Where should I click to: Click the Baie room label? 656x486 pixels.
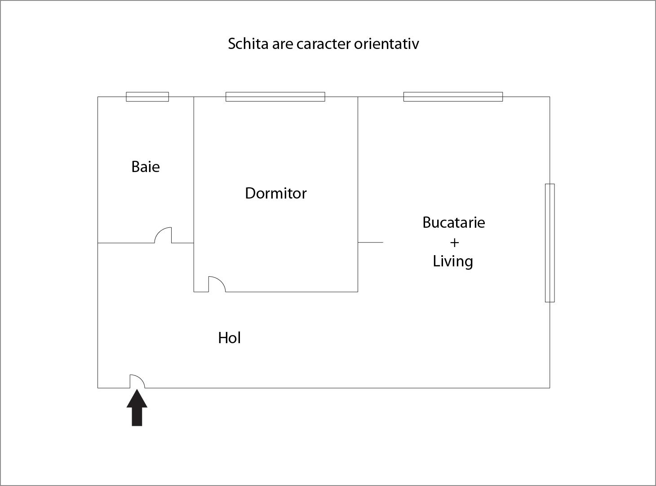[x=145, y=167]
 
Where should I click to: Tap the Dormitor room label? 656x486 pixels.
[x=275, y=193]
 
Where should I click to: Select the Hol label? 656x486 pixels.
[x=229, y=338]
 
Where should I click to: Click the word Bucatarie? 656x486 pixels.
[x=453, y=222]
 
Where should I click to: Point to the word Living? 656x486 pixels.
[x=452, y=261]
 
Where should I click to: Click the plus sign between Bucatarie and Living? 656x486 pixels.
[x=454, y=243]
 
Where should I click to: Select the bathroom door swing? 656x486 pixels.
[x=163, y=235]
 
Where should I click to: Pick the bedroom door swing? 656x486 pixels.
[x=217, y=284]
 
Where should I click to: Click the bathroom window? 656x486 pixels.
[x=147, y=97]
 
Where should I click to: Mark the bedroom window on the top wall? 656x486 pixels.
[x=275, y=97]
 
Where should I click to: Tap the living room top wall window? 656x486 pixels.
[x=453, y=97]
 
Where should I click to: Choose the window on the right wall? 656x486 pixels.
[x=550, y=243]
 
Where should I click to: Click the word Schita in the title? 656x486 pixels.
[x=248, y=44]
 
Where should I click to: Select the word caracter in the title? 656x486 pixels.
[x=324, y=44]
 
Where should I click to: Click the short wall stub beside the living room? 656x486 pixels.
[x=370, y=243]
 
